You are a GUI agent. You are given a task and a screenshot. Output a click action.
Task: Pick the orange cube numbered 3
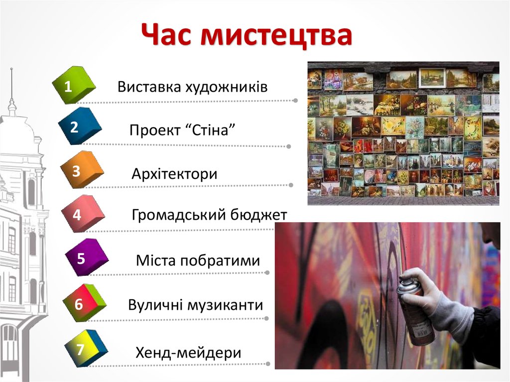pos(80,170)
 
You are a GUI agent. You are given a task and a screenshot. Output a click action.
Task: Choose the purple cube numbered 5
pos(85,258)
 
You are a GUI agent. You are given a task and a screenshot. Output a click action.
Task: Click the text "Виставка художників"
pos(193,87)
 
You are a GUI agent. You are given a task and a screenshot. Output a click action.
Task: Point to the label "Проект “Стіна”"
pos(182,130)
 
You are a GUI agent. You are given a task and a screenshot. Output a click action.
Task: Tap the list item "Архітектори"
pos(174,174)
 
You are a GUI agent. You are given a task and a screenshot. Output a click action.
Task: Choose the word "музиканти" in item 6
pos(224,304)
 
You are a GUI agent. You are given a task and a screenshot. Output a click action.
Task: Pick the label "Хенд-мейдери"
pos(188,353)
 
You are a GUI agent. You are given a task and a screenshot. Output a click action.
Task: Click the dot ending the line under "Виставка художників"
pos(295,100)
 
